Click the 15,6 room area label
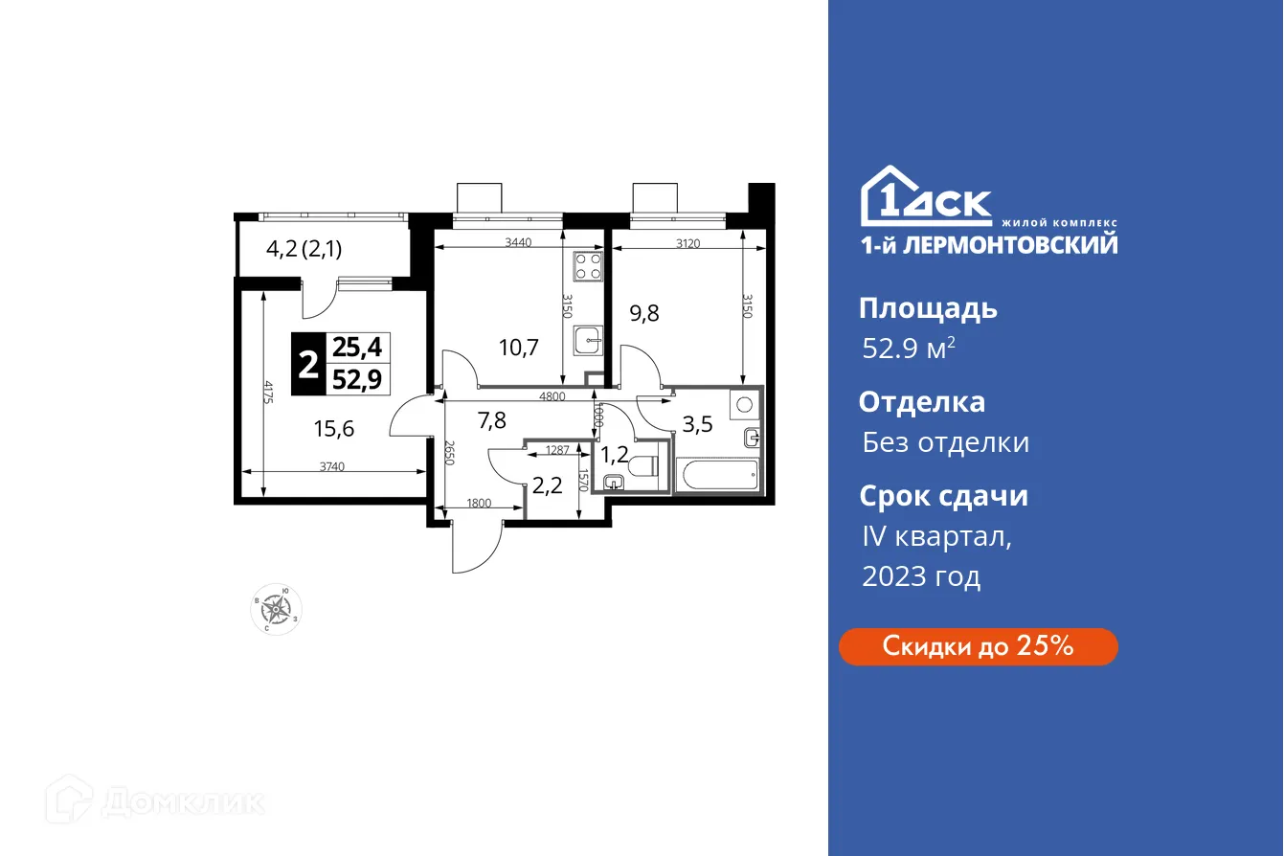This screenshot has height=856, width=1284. [x=334, y=429]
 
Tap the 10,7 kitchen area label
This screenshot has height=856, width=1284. [x=518, y=347]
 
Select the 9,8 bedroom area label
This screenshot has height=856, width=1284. [x=644, y=312]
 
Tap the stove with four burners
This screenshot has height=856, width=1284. [x=587, y=265]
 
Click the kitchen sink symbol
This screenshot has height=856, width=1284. [x=587, y=339]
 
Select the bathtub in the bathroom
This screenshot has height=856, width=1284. [x=717, y=475]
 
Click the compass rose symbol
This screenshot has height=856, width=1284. [x=276, y=607]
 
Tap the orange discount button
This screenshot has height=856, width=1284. [x=978, y=646]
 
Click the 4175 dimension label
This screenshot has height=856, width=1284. [x=269, y=394]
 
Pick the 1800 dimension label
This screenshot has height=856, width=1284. [x=479, y=504]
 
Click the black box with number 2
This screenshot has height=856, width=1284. [x=308, y=363]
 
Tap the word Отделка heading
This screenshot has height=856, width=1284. [x=921, y=402]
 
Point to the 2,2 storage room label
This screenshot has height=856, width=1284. [x=547, y=485]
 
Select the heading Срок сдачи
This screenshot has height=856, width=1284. [x=943, y=496]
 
